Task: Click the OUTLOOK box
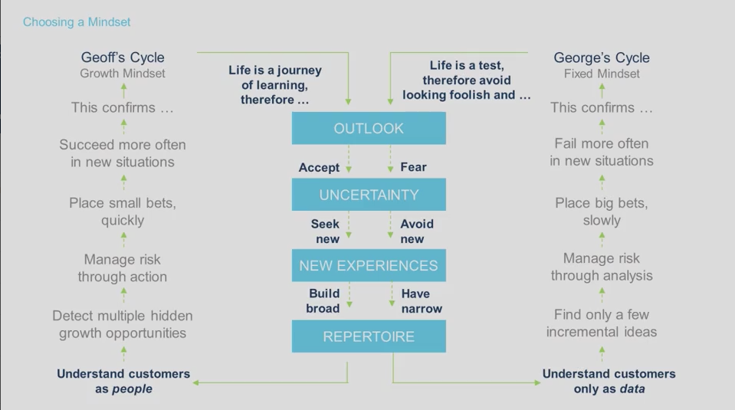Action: [x=368, y=128]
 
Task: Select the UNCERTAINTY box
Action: [x=368, y=195]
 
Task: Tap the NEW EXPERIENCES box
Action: [x=368, y=266]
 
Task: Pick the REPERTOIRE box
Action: [x=368, y=336]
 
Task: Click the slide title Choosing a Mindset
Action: [x=77, y=22]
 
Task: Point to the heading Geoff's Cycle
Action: [x=123, y=57]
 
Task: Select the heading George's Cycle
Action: [x=602, y=57]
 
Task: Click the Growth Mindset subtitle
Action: [x=123, y=74]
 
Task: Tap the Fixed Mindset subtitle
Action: [x=602, y=74]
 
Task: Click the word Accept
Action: [x=319, y=167]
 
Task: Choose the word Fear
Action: [x=413, y=167]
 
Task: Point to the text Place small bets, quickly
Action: [x=123, y=212]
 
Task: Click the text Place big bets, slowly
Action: [x=602, y=212]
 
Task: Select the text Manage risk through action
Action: [x=123, y=268]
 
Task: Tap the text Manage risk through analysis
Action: [x=602, y=267]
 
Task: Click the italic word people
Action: [x=132, y=389]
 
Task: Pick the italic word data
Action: [x=632, y=389]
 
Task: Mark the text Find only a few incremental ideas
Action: [x=602, y=323]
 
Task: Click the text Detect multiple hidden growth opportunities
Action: [x=123, y=324]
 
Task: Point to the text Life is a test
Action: [x=467, y=66]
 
